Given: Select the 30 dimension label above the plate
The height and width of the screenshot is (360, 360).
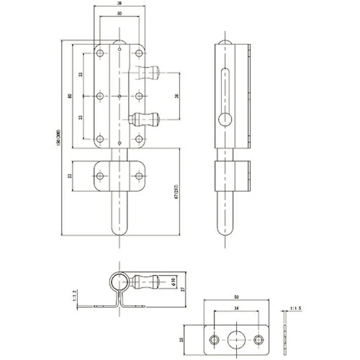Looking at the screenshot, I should pos(119,14).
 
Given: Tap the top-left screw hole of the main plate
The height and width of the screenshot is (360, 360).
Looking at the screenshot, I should pos(100,53).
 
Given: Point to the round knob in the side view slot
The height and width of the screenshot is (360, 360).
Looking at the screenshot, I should pos(225,120).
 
